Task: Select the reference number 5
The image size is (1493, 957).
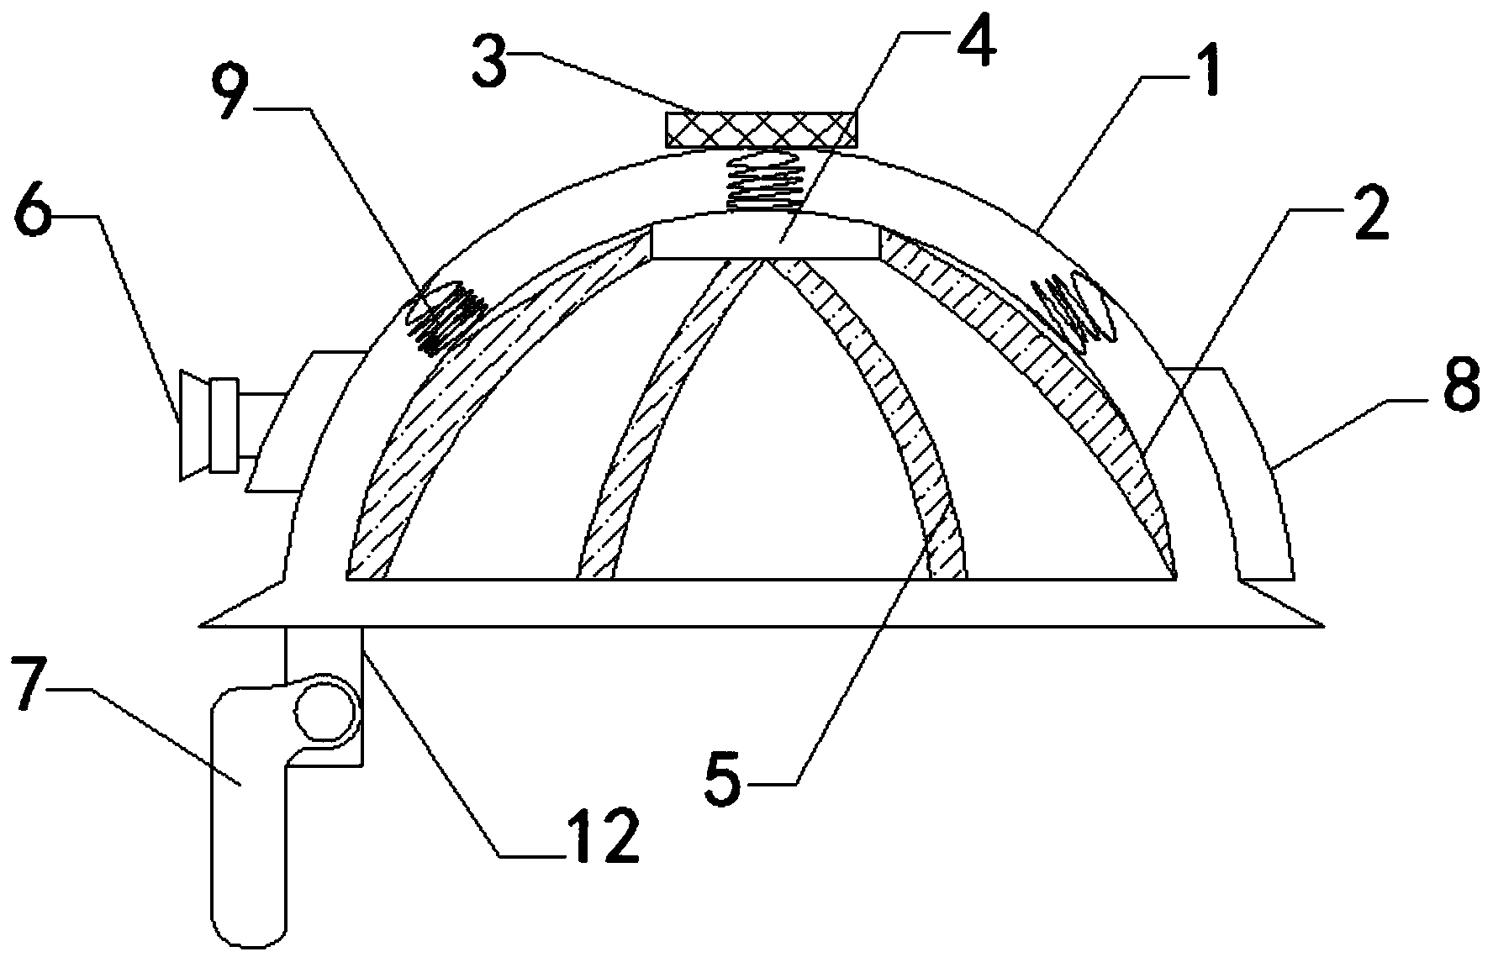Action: [722, 778]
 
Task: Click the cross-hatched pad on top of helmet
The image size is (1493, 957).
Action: [762, 129]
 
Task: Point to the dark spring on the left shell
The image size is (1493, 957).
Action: [443, 317]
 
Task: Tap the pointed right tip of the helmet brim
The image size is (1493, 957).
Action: [1321, 624]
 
